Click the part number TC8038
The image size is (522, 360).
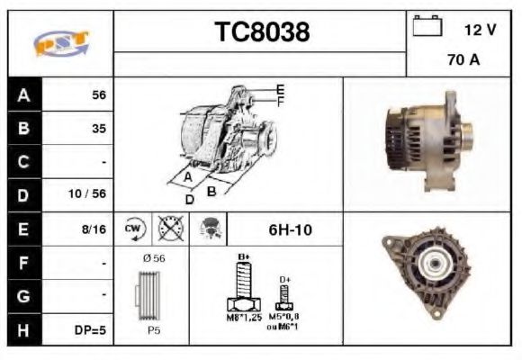click(x=262, y=32)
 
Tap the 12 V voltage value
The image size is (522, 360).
click(x=480, y=30)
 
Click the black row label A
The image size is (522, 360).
click(x=23, y=94)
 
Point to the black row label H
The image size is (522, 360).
click(x=23, y=329)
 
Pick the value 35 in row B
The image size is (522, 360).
click(x=98, y=129)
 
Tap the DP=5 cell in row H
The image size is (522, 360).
click(x=90, y=329)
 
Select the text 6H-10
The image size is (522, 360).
click(x=290, y=229)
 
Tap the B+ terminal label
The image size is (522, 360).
click(x=242, y=257)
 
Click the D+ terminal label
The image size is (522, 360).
click(x=284, y=280)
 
